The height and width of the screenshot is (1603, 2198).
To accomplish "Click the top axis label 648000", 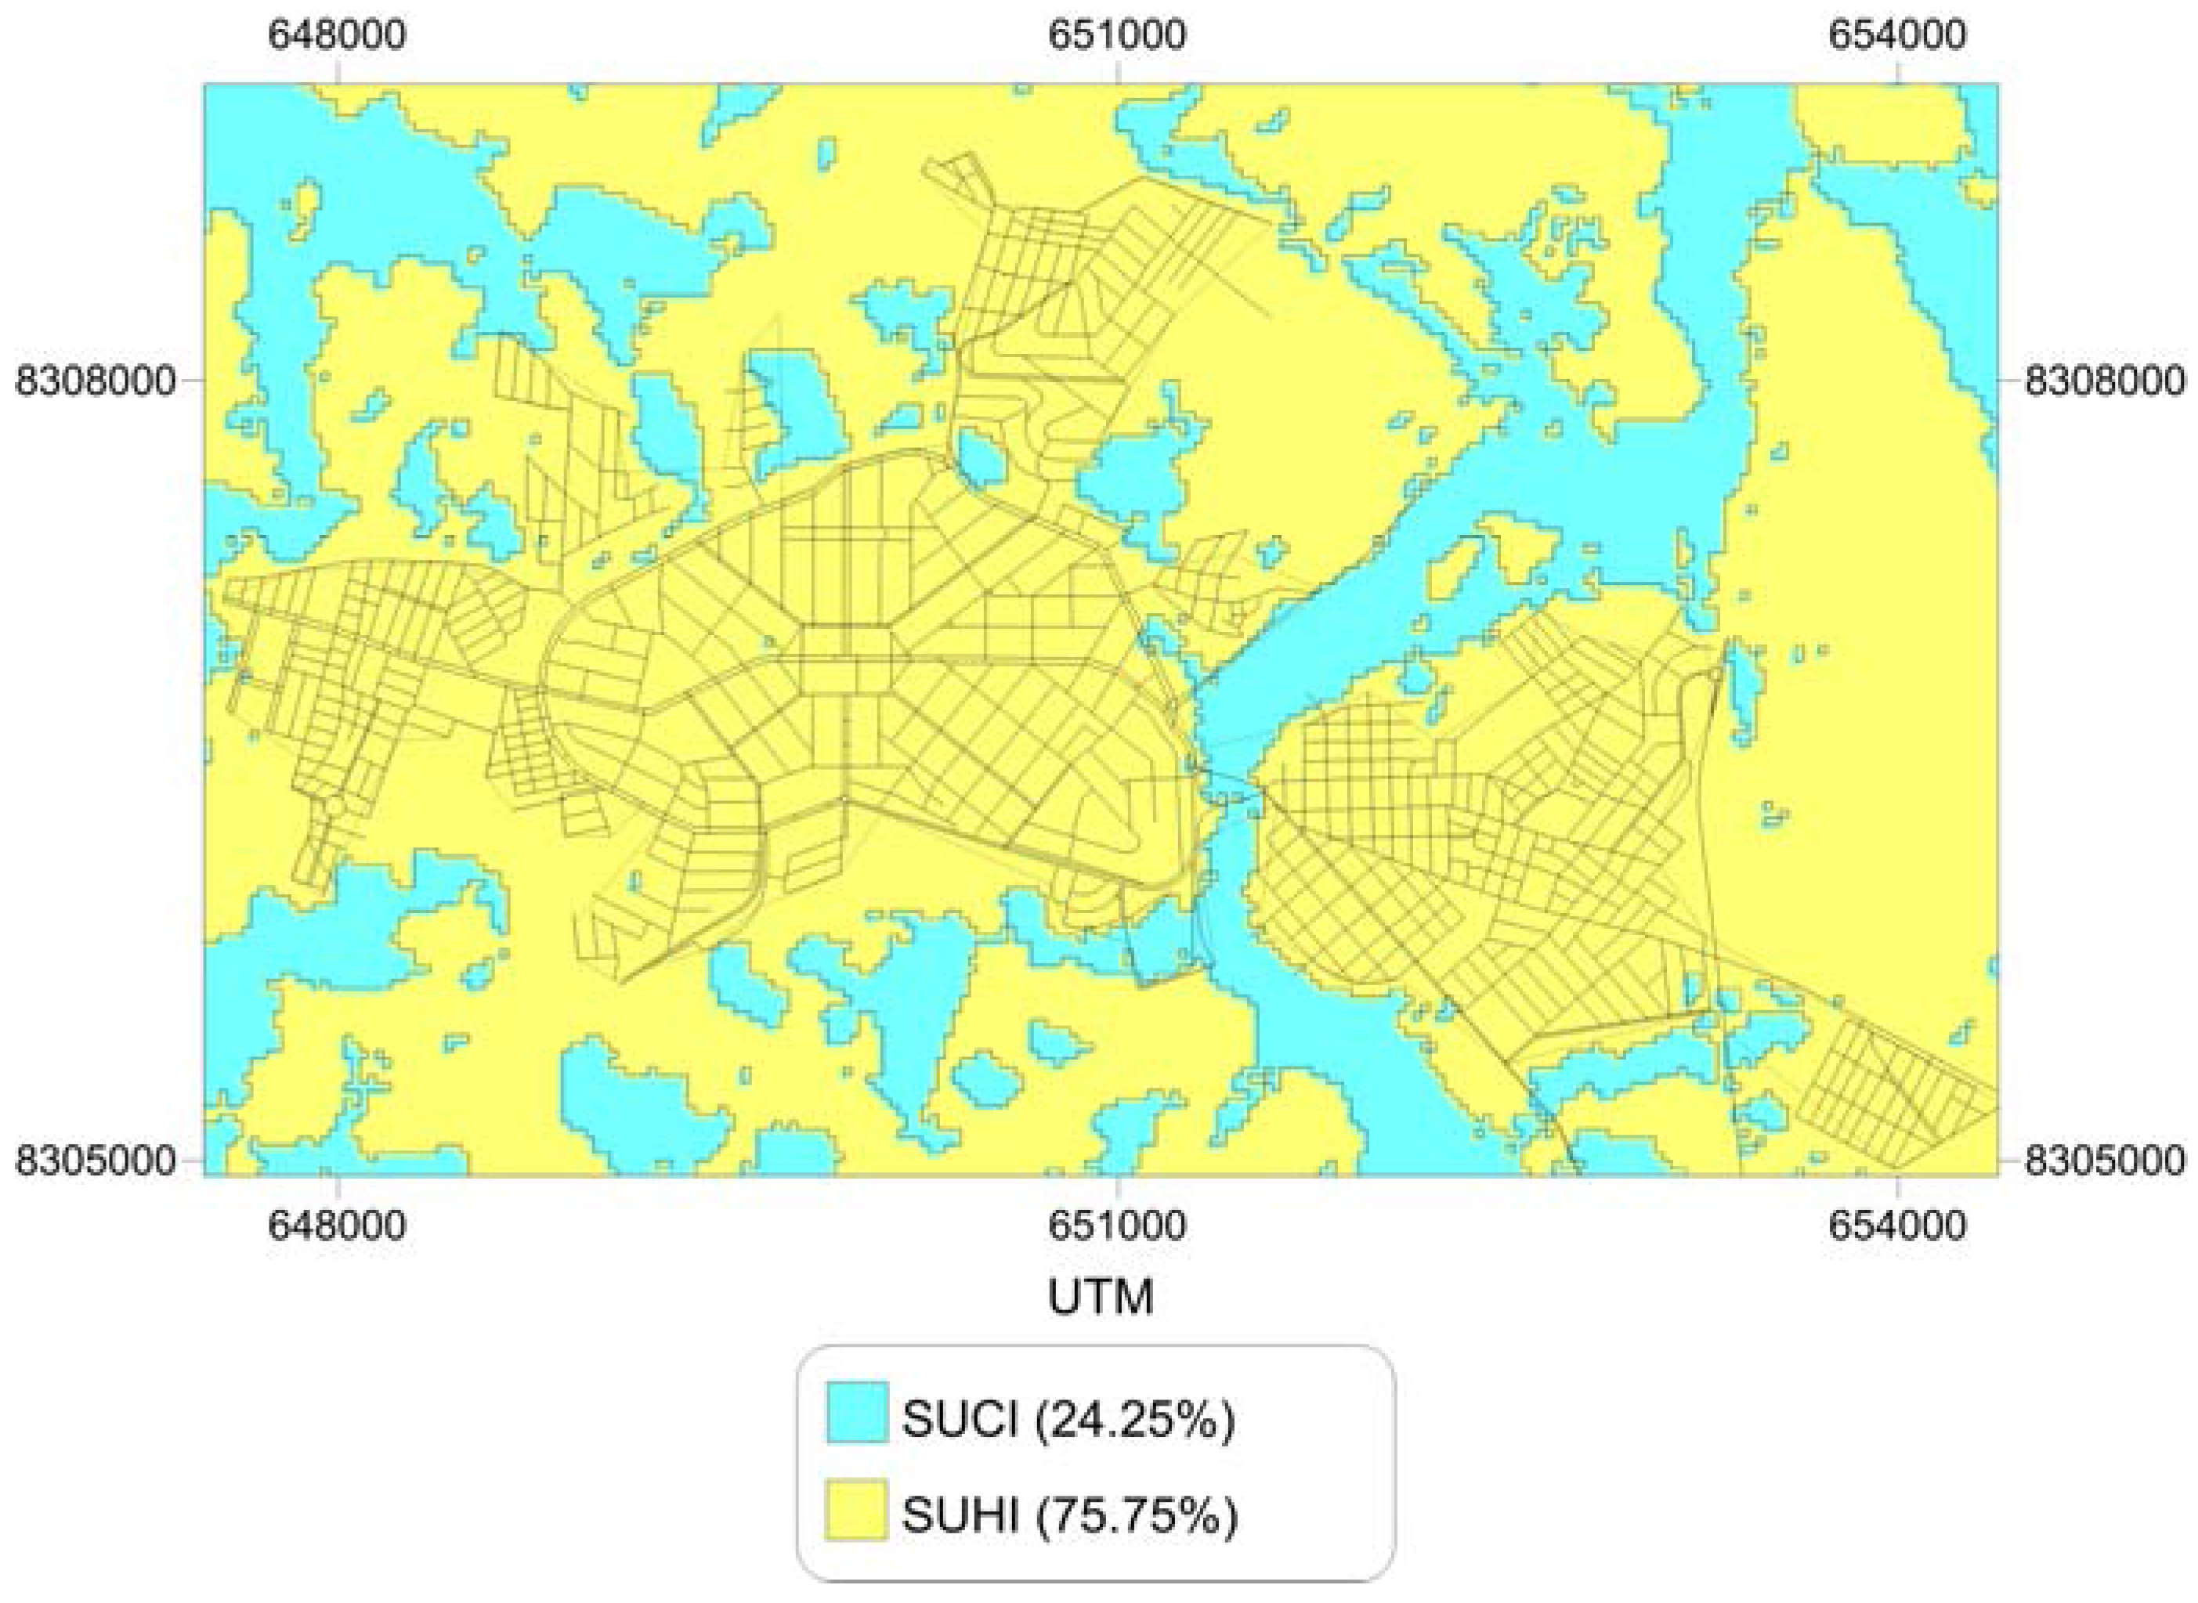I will coord(337,36).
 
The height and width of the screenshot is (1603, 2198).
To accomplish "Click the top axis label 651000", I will coord(1117,36).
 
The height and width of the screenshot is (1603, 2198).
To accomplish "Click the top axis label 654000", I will coord(1897,36).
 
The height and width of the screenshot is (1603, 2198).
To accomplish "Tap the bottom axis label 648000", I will coord(337,1226).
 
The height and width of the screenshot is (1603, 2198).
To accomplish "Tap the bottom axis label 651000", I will coord(1117,1226).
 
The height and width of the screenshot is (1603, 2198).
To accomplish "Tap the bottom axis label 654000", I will coord(1897,1226).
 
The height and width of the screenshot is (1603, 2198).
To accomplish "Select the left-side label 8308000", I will coord(97,381).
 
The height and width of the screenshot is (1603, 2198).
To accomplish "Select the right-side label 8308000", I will coord(2105,381).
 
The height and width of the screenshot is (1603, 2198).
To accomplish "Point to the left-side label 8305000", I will coord(97,1161).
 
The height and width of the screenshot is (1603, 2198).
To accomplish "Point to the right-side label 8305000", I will coord(2105,1161).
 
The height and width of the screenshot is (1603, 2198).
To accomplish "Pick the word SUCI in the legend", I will coord(960,1421).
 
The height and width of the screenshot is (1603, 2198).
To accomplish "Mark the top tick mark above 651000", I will coord(1118,73).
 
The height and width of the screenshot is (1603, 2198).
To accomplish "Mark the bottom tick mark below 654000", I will coord(1897,1186).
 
